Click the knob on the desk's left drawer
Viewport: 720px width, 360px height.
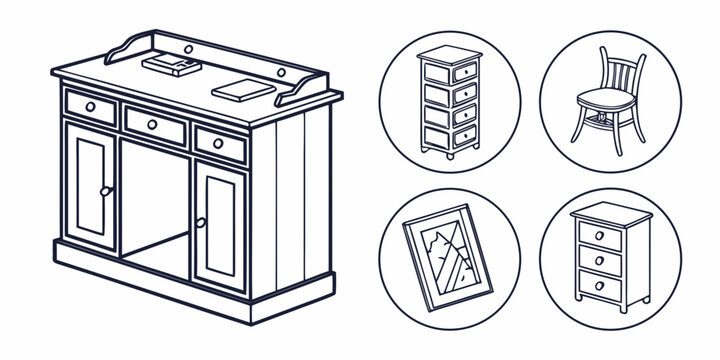(x=91, y=105)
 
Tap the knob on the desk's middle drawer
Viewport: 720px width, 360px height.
(x=153, y=124)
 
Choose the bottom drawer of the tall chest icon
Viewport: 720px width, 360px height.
(x=448, y=136)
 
